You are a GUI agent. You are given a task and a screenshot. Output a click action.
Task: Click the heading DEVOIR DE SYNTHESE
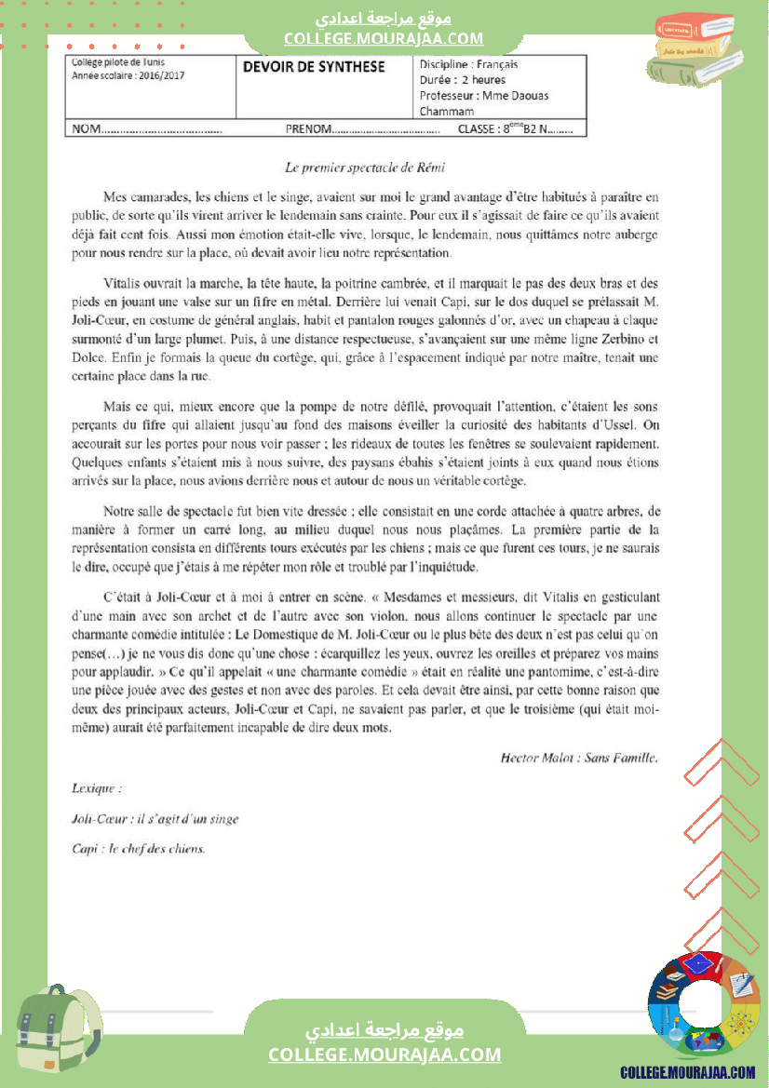[x=314, y=66]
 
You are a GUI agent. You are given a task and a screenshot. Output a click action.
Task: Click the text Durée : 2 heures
[x=463, y=80]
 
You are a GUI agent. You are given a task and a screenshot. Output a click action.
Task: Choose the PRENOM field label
[x=308, y=129]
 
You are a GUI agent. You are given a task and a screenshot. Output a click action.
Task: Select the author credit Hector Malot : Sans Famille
[x=579, y=758]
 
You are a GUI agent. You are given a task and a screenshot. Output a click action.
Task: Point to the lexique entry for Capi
[x=139, y=849]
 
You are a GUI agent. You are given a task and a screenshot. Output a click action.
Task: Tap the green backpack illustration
[x=58, y=1034]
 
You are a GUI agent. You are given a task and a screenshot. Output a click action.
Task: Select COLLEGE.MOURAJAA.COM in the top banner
[x=384, y=38]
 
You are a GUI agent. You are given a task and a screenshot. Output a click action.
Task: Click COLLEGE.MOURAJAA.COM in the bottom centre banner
[x=384, y=1054]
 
